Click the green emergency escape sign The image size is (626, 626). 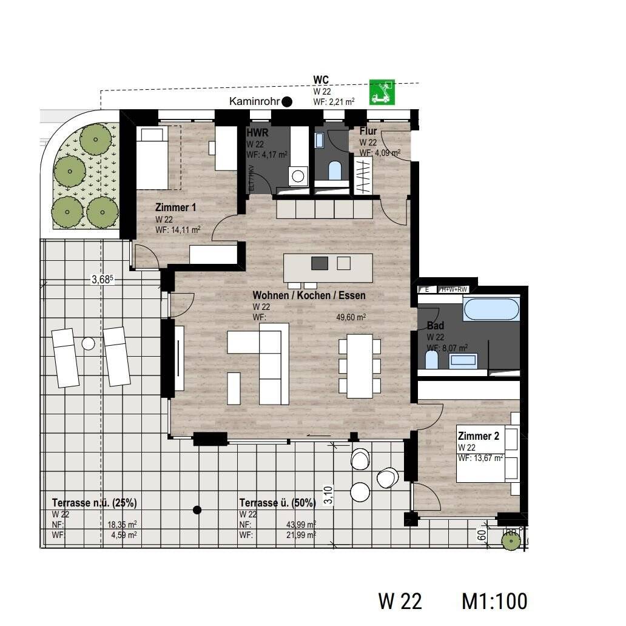[382, 92]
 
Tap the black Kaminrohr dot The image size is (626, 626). [287, 102]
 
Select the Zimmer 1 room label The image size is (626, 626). [175, 207]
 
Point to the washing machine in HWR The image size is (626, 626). [298, 176]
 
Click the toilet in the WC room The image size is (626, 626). [334, 170]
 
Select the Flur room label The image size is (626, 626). [368, 131]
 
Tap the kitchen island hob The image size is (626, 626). [320, 263]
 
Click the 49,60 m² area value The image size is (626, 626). [351, 316]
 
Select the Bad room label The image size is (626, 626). [436, 326]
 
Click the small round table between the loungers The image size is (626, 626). [89, 344]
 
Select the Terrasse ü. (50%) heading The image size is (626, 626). [277, 503]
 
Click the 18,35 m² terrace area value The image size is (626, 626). [121, 525]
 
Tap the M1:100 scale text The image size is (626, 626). [494, 601]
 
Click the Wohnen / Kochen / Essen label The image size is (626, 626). [309, 295]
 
